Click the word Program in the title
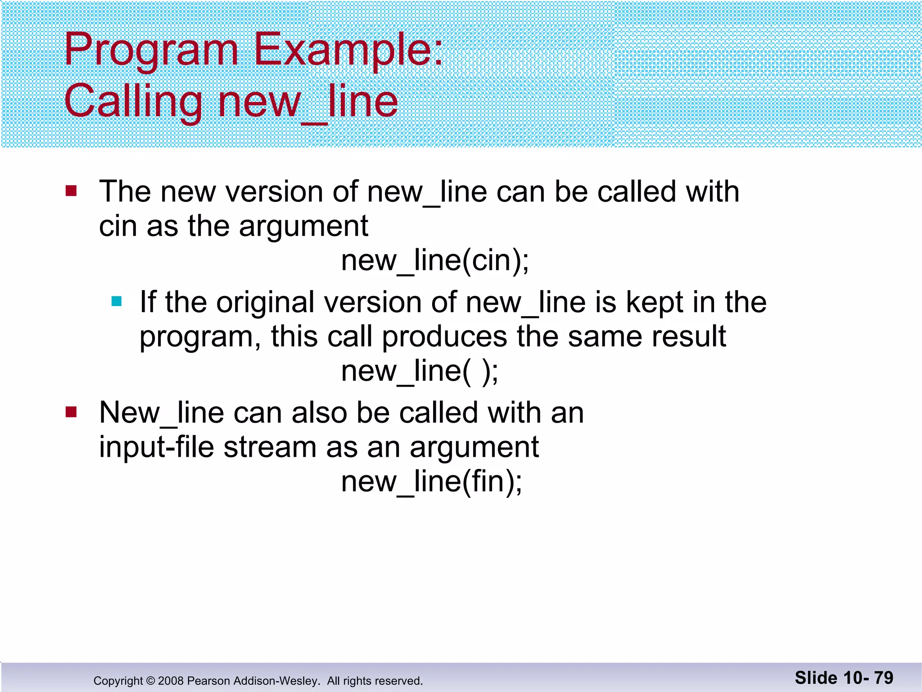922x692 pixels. click(x=151, y=50)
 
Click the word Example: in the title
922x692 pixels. click(x=348, y=50)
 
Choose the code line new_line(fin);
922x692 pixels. click(x=432, y=482)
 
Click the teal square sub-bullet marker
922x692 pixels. click(x=117, y=301)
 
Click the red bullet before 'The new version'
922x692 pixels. click(x=71, y=191)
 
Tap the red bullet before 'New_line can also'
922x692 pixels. click(x=71, y=412)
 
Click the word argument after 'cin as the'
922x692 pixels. click(x=303, y=226)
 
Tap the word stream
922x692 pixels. click(x=270, y=447)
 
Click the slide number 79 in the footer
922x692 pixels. click(x=883, y=678)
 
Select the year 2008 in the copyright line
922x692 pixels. click(x=171, y=681)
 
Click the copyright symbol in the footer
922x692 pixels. click(x=150, y=681)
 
